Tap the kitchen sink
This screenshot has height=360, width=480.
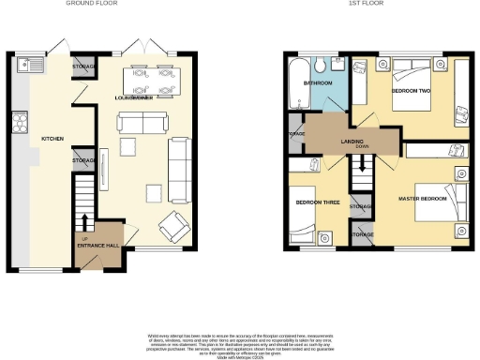click(24, 66)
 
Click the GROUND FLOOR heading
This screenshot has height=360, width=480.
click(91, 4)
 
